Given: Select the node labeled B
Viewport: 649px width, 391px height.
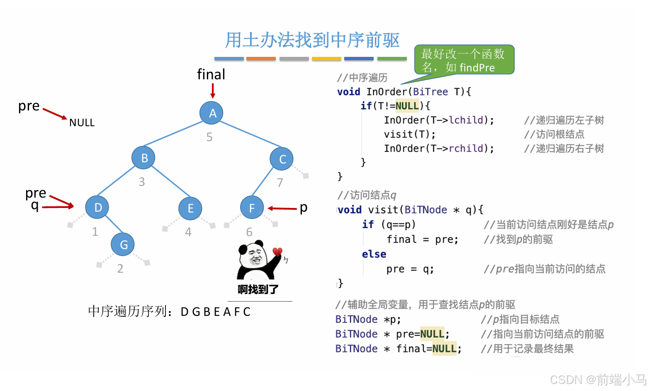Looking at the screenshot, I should [143, 158].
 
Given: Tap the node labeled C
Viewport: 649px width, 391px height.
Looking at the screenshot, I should [282, 159].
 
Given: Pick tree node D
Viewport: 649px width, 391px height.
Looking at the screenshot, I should [97, 207].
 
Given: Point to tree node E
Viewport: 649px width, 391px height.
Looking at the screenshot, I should [190, 208].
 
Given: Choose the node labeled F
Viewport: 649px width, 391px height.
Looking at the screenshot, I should [252, 208].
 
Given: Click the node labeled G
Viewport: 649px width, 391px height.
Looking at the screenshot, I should [123, 244].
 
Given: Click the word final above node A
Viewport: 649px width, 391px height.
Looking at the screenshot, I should [211, 75].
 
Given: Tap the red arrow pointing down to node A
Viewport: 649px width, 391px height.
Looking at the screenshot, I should [213, 90].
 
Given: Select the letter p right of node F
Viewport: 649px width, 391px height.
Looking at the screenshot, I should [304, 207].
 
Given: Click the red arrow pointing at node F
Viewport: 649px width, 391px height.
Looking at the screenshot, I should [282, 208].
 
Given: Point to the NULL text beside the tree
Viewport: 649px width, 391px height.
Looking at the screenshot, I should [82, 123].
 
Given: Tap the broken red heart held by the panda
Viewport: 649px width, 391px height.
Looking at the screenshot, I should [277, 252].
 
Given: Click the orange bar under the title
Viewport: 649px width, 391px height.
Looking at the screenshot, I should [261, 59].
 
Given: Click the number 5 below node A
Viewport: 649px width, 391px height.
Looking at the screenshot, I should [209, 137].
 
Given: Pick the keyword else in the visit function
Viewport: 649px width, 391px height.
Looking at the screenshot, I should [374, 254].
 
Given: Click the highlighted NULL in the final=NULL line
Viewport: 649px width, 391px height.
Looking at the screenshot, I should [444, 349].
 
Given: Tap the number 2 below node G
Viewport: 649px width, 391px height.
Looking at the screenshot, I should [120, 269].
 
